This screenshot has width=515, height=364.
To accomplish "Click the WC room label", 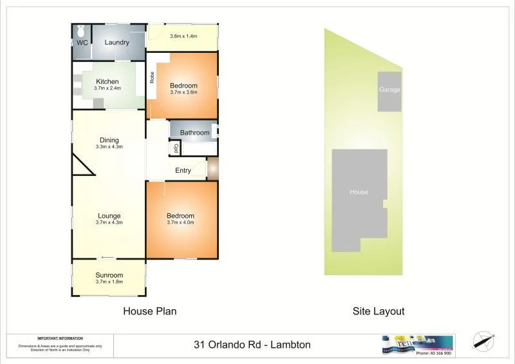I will tap(82, 43).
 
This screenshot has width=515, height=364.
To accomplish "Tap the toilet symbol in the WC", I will tap(81, 31).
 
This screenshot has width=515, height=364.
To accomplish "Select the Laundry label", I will tap(117, 43).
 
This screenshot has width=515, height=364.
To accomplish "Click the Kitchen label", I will tap(108, 81).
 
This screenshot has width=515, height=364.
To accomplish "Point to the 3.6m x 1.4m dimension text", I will tap(183, 36).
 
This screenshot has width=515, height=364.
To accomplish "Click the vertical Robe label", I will tap(152, 77).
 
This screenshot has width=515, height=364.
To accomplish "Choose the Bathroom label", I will tap(194, 133).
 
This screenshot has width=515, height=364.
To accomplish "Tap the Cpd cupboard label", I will tap(174, 148).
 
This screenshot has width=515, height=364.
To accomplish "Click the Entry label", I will tap(183, 170).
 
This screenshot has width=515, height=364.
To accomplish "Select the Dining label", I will tap(109, 140).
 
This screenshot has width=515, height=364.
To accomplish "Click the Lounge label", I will tap(109, 216).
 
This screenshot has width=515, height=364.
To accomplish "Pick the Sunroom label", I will tap(109, 275).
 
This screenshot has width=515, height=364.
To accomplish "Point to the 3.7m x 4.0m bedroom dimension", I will tap(180, 222).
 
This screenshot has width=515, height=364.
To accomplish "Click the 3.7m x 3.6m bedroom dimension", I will tap(183, 92).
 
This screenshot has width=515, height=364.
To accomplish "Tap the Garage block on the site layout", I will tap(389, 90).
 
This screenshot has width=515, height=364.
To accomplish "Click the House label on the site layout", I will tap(359, 192).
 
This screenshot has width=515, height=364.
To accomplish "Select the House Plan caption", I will tap(149, 311).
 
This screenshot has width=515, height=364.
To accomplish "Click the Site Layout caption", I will tap(379, 311).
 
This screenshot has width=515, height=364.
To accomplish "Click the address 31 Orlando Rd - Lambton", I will tap(252, 345).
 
